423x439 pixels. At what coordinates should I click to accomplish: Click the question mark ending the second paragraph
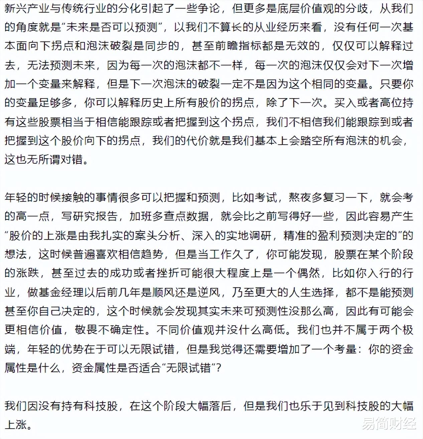coord(218,368)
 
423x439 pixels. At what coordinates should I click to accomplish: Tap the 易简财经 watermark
coord(389,424)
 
